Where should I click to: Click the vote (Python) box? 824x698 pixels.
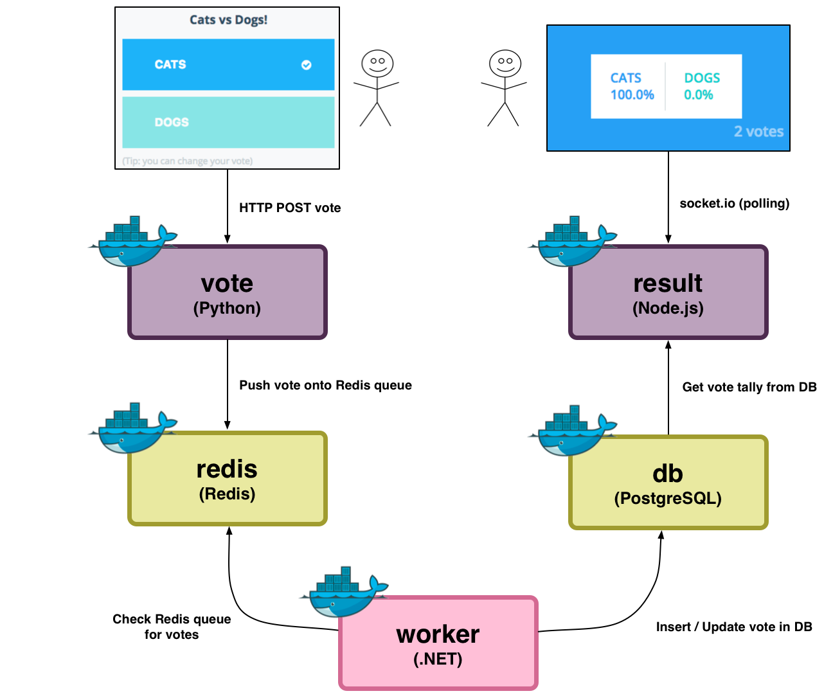coord(228,292)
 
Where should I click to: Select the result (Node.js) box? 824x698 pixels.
coord(668,292)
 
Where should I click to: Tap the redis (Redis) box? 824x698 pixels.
coord(228,479)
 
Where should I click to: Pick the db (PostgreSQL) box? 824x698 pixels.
coord(668,483)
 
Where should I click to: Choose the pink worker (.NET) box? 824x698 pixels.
coord(438,643)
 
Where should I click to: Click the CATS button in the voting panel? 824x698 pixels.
coord(228,65)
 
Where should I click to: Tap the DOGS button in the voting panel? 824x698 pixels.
coord(228,122)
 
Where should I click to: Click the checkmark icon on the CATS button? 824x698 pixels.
coord(307,65)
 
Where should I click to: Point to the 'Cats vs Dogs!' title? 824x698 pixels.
coord(228,20)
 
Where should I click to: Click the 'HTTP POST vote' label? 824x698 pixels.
coord(290,208)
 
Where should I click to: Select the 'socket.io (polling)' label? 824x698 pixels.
coord(734,204)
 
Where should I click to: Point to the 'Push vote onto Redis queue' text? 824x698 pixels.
coord(325,385)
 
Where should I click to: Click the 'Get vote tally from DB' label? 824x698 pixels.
coord(749,387)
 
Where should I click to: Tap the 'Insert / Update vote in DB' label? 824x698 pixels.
coord(734,627)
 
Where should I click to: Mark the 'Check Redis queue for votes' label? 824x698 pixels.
coord(172,627)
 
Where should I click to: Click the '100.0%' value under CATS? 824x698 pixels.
coord(632,95)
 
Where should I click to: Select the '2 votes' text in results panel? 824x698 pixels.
coord(758,132)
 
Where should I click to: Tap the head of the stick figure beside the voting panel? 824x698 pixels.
coord(377,64)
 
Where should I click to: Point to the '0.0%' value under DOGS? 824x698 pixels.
coord(698,95)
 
